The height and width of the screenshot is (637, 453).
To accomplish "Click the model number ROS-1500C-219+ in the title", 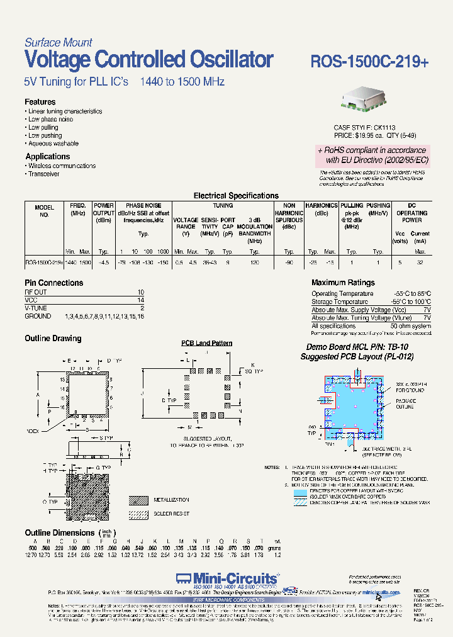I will click(370, 61).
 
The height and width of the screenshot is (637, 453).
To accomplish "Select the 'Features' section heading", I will click(40, 102).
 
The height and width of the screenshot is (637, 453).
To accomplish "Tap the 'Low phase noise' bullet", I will click(50, 119).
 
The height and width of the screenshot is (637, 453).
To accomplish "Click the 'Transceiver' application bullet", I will click(44, 174).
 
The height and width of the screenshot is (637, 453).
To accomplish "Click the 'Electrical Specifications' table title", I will click(236, 196).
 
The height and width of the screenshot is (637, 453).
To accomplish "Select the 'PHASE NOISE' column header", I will click(143, 205).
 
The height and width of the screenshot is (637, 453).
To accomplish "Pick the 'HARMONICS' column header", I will click(322, 205).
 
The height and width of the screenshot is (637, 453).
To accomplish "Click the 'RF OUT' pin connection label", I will click(36, 293).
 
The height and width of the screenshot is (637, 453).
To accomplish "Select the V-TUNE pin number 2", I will click(142, 308).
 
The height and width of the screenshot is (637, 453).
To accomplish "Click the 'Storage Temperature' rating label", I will click(340, 302).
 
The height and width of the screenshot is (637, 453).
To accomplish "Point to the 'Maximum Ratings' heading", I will click(343, 283).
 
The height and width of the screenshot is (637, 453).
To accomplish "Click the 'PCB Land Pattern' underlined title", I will click(207, 343).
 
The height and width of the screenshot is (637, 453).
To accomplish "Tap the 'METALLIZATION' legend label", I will click(171, 500).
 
